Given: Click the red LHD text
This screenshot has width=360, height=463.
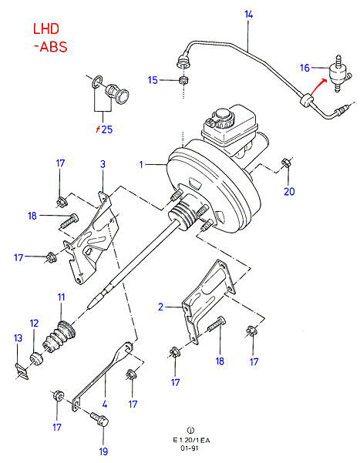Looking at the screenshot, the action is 46,29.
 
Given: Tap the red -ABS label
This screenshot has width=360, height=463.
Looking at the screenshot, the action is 51,47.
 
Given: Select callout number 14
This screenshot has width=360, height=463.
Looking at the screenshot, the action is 248,14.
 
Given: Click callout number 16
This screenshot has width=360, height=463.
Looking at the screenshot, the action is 304,68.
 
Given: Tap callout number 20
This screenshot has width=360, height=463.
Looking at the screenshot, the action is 289,192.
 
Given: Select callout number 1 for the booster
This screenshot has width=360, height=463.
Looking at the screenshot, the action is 141,164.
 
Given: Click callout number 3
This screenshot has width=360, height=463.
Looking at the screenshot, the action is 103,164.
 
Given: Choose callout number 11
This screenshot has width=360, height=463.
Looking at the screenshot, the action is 61,297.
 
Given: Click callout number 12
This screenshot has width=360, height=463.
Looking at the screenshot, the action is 34,324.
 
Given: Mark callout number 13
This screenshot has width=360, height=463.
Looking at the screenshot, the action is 18,338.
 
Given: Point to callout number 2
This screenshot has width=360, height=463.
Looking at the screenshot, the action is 160,307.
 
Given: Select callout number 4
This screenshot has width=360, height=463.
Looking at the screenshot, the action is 104,404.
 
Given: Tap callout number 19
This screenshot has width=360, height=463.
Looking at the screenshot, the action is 103,451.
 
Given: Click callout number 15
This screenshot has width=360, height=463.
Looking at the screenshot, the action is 153,80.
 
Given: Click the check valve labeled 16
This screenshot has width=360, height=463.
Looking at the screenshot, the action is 339,74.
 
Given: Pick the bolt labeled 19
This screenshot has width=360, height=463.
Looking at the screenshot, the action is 99,419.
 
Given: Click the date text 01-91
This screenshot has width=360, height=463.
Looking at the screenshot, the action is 190,448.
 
